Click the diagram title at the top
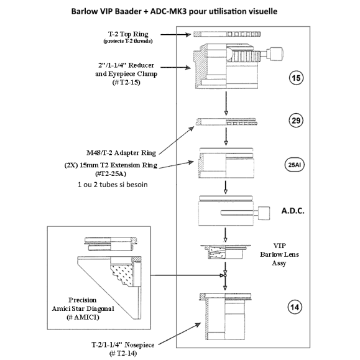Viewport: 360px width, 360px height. (180, 11)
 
